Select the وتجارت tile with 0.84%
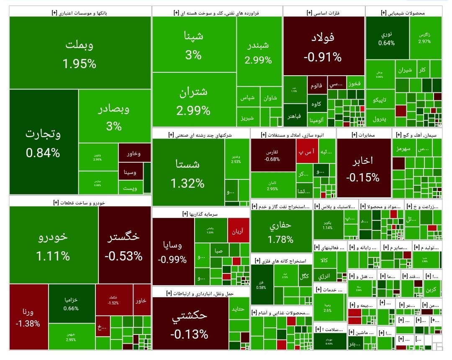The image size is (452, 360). tap(43, 142)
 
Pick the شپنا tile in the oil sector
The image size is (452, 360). tap(194, 44)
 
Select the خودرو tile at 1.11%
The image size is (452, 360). tap(53, 245)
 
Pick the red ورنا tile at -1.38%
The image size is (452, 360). tap(28, 317)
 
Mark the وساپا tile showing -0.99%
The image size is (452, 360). tap(172, 251)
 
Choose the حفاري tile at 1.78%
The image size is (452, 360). tap(281, 231)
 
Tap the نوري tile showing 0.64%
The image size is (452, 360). tap(387, 38)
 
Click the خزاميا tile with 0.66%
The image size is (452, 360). tap(71, 304)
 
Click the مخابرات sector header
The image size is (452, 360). tap(364, 135)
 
